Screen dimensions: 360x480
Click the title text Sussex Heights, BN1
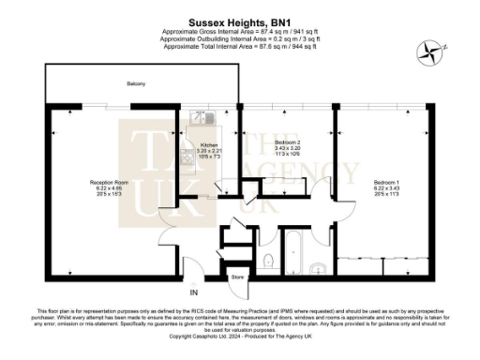239,18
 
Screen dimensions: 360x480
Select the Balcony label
136,85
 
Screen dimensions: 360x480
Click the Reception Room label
108,182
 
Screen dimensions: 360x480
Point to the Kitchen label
208,145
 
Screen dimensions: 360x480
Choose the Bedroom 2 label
279,139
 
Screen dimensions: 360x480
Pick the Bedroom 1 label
385,181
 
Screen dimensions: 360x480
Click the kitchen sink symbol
199,117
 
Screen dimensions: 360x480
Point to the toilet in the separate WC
269,261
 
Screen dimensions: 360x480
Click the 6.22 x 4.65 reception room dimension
108,189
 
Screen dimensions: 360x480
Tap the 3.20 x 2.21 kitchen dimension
208,152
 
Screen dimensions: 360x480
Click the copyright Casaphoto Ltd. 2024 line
239,336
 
